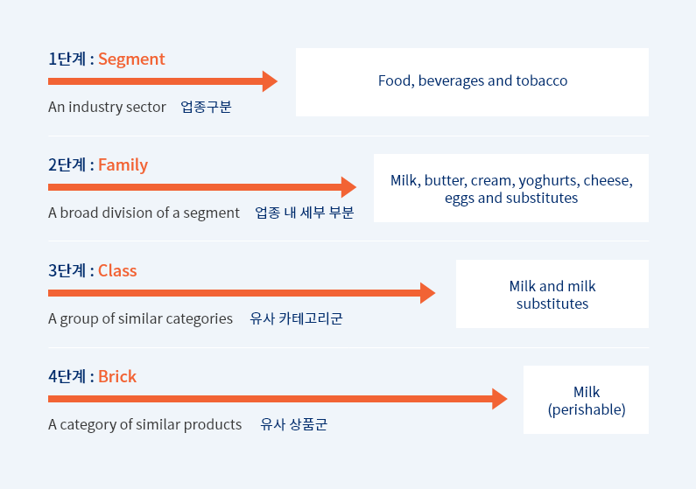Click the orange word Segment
pos(131,59)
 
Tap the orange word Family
pos(123,165)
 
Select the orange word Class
pos(117,271)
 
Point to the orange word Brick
pos(117,377)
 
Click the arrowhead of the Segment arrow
pos(270,81)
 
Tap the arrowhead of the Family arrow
pos(348,187)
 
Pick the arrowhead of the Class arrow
pos(427,293)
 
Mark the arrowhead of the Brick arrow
pos(499,399)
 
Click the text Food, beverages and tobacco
pos(473,81)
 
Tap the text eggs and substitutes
pos(511,199)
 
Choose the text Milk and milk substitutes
pos(552,295)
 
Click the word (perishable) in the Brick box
pos(587,409)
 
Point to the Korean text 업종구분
pos(206,107)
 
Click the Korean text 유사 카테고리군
pos(296,318)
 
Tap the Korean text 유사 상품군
pos(294,424)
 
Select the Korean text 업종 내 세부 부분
pos(305,213)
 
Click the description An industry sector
pos(107,107)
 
